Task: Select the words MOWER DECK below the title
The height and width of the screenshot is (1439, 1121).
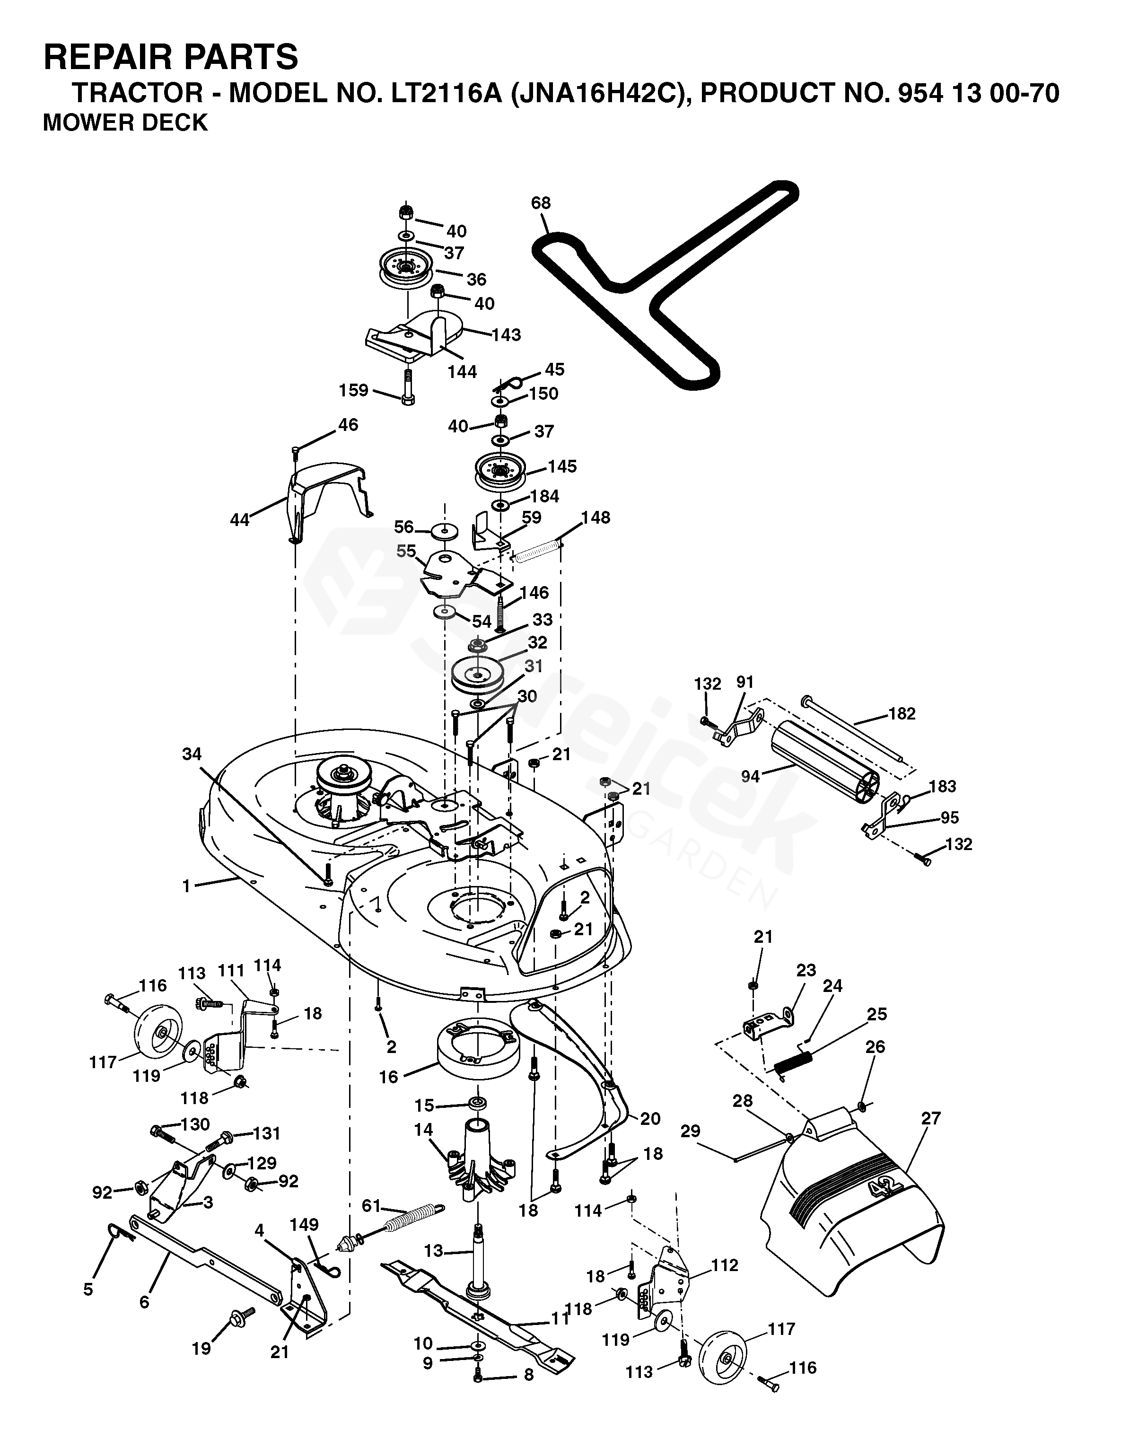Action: coord(125,123)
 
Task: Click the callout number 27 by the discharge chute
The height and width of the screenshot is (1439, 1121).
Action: coord(931,1118)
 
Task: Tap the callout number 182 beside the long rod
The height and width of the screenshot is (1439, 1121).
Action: coord(902,713)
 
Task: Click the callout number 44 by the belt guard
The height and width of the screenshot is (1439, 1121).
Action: coord(240,520)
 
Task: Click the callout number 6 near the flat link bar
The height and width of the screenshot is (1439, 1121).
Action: coord(144,1303)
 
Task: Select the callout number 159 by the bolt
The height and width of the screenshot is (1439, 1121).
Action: coord(354,390)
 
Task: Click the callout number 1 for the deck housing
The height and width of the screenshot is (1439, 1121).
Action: coord(186,886)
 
